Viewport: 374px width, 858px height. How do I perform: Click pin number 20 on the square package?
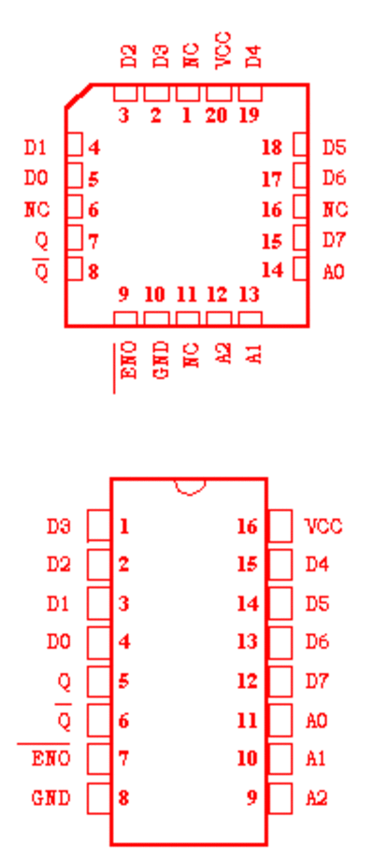(x=218, y=116)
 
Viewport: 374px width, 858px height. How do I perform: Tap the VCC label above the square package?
(x=223, y=50)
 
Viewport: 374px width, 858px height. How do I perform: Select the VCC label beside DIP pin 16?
(x=324, y=527)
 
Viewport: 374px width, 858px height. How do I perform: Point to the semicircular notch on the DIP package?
(x=190, y=487)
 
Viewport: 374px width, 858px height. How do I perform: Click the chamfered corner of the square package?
(x=78, y=96)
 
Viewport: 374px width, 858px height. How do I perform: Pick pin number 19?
(x=250, y=116)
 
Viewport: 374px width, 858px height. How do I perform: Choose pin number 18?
(x=272, y=148)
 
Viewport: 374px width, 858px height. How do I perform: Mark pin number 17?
(x=272, y=178)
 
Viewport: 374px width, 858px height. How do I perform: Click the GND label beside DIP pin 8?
(x=51, y=798)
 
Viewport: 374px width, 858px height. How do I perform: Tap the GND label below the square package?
(x=160, y=360)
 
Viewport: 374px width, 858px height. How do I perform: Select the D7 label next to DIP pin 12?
(x=317, y=682)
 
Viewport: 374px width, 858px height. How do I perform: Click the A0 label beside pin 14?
(x=334, y=272)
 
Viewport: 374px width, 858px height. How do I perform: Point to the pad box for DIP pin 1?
(x=99, y=526)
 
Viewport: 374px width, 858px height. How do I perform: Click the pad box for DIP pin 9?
(x=280, y=798)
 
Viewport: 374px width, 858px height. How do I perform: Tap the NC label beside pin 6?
(x=36, y=209)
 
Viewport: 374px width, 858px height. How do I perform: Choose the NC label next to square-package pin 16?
(x=335, y=209)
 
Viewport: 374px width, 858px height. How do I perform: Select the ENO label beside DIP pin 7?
(x=51, y=759)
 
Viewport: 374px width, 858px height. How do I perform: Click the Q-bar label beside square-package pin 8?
(x=42, y=270)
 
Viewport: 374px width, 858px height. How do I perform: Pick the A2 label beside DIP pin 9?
(x=316, y=798)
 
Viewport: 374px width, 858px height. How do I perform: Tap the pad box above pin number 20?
(x=219, y=93)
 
